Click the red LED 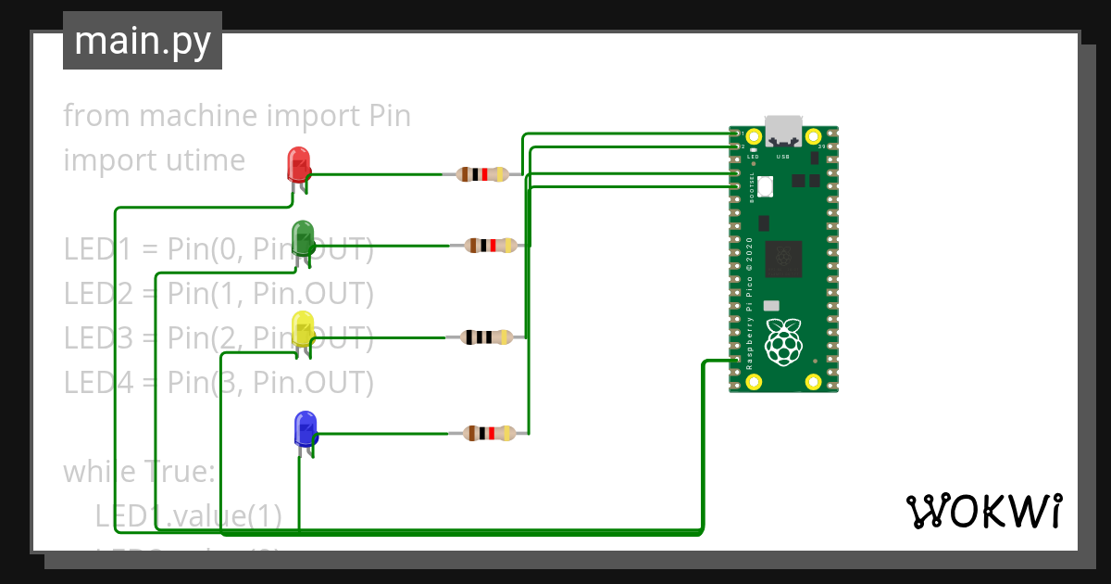click(x=298, y=165)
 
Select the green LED click(x=303, y=238)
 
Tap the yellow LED click(x=303, y=329)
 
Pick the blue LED click(x=305, y=428)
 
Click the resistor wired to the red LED click(x=481, y=174)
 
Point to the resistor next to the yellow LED click(x=485, y=337)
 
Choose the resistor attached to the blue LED click(x=487, y=433)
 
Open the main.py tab click(x=143, y=41)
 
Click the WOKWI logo click(x=983, y=511)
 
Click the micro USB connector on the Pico click(x=783, y=132)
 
